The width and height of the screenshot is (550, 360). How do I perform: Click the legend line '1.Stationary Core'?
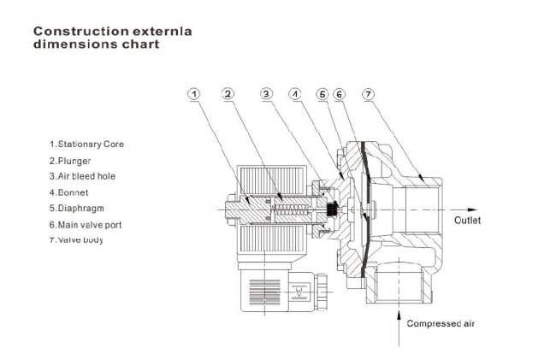point(86,145)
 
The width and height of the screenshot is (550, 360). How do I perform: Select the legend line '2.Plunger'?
point(70,160)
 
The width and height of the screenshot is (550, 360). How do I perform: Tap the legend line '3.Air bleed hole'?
point(82,175)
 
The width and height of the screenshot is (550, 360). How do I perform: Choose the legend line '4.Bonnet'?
point(68,192)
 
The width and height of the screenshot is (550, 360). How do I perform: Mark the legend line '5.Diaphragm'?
point(76,207)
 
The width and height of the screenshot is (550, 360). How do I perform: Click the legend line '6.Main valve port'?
point(88,223)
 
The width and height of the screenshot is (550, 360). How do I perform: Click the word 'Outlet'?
point(468,220)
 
